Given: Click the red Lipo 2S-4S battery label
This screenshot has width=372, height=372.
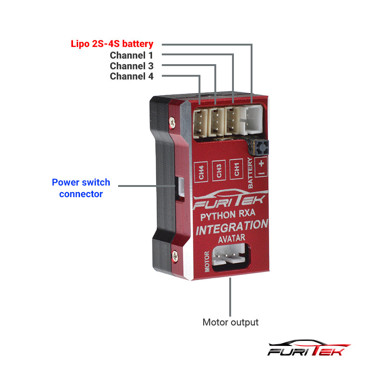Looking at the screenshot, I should click(112, 44).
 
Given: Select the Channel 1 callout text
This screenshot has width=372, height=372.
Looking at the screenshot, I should click(132, 55).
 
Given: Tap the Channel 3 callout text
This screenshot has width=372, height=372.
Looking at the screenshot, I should click(132, 66).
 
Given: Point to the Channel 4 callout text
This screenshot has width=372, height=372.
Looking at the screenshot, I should click(132, 76).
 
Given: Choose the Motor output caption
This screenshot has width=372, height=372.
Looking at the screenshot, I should click(230, 322).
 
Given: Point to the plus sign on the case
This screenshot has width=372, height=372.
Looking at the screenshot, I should click(261, 163).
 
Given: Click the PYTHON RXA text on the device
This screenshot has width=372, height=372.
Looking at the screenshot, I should click(227, 215).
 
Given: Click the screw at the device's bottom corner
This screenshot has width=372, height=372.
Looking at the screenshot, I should click(176, 255).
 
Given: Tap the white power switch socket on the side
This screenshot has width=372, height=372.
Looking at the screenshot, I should click(179, 188).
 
